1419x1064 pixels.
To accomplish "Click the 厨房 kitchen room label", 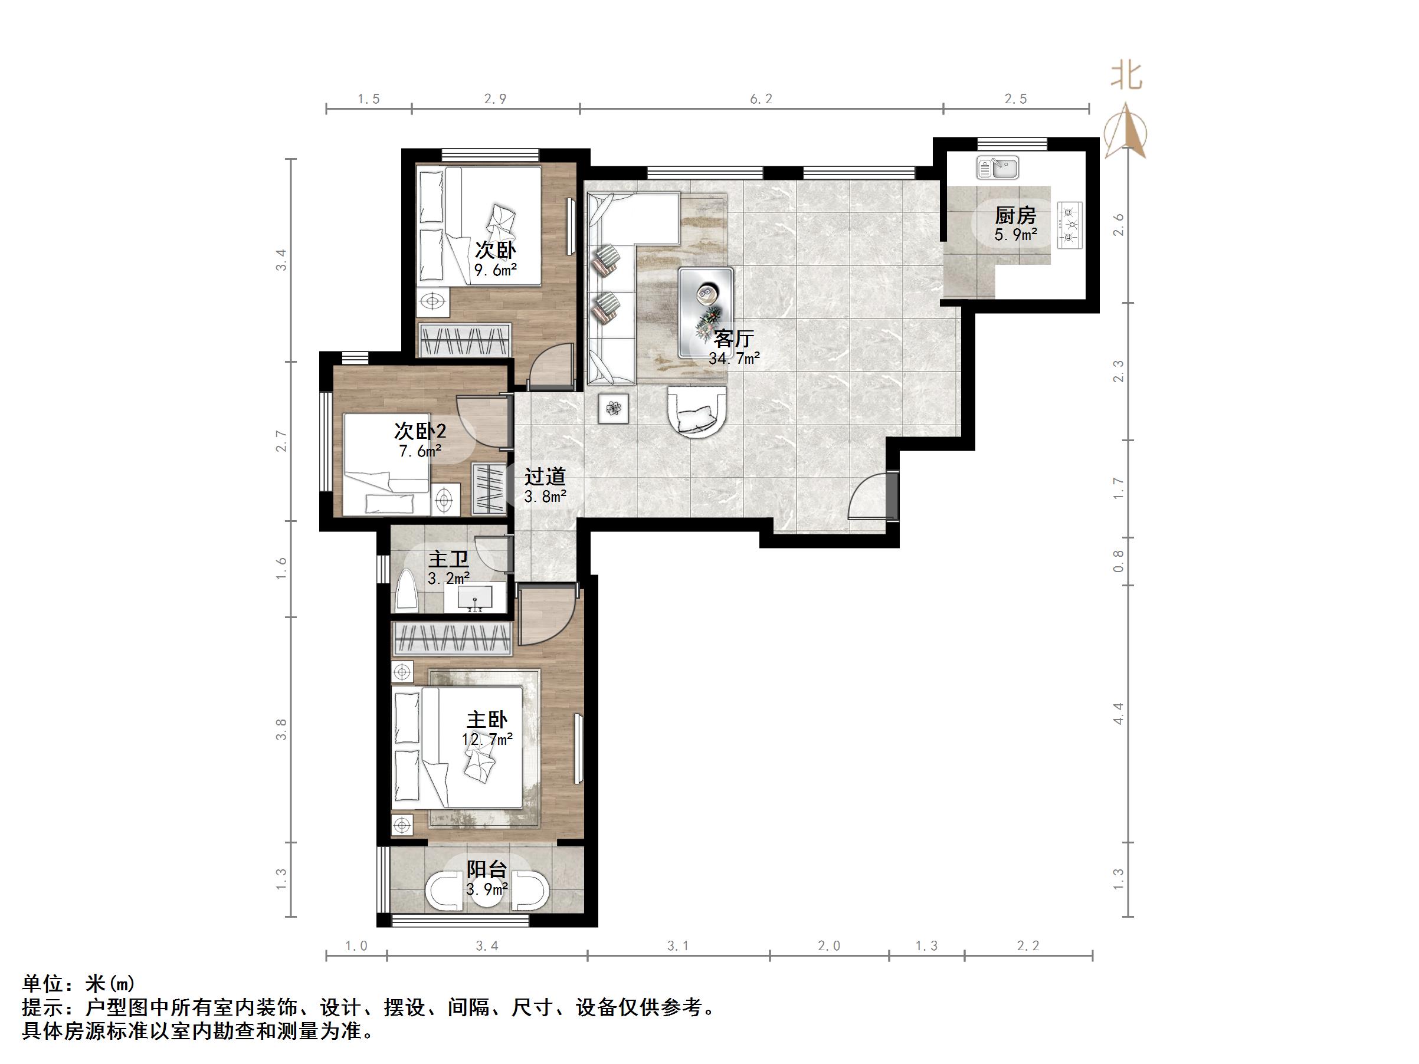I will click(1015, 215).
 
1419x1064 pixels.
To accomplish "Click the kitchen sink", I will click(998, 169).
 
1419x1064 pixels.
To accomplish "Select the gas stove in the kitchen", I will click(1069, 225).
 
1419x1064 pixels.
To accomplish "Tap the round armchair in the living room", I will click(697, 411).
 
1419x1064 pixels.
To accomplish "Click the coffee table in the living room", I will click(706, 311).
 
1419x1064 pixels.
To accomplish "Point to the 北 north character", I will click(1126, 75).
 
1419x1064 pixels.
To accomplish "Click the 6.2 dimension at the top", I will click(761, 98).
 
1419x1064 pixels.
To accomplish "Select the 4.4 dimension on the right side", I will click(1118, 713).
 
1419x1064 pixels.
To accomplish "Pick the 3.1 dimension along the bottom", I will click(678, 945).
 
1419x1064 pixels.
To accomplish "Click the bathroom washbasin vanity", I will click(475, 596).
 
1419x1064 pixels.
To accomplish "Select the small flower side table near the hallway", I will click(613, 408).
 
